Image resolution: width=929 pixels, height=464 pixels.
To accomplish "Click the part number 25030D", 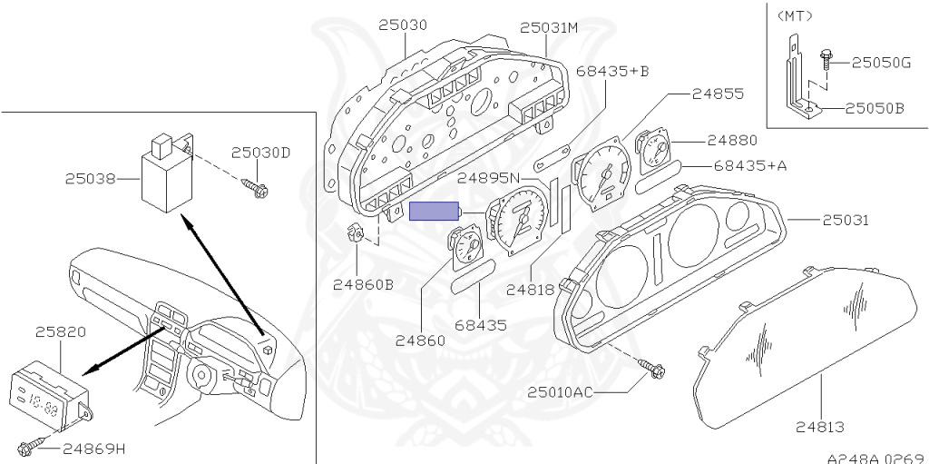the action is [260, 153].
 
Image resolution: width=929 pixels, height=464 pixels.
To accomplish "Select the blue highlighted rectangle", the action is [435, 212].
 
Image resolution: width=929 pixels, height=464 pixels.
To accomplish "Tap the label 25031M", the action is [549, 27].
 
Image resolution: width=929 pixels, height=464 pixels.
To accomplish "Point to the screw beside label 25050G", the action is [826, 62].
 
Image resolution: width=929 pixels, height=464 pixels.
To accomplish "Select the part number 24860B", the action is [363, 285].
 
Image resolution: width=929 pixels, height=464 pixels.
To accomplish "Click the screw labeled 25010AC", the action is [652, 370].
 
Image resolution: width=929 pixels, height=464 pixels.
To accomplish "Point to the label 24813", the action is [820, 427].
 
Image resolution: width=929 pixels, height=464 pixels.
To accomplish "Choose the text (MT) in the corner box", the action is [795, 16].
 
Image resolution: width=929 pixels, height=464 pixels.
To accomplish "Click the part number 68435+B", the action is [612, 71].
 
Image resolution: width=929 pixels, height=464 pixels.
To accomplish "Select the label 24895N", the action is [488, 177].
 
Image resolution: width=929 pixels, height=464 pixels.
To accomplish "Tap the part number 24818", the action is [530, 290].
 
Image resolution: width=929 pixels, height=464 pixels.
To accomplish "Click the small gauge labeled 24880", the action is [653, 153].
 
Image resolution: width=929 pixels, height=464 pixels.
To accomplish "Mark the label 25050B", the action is [875, 109].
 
